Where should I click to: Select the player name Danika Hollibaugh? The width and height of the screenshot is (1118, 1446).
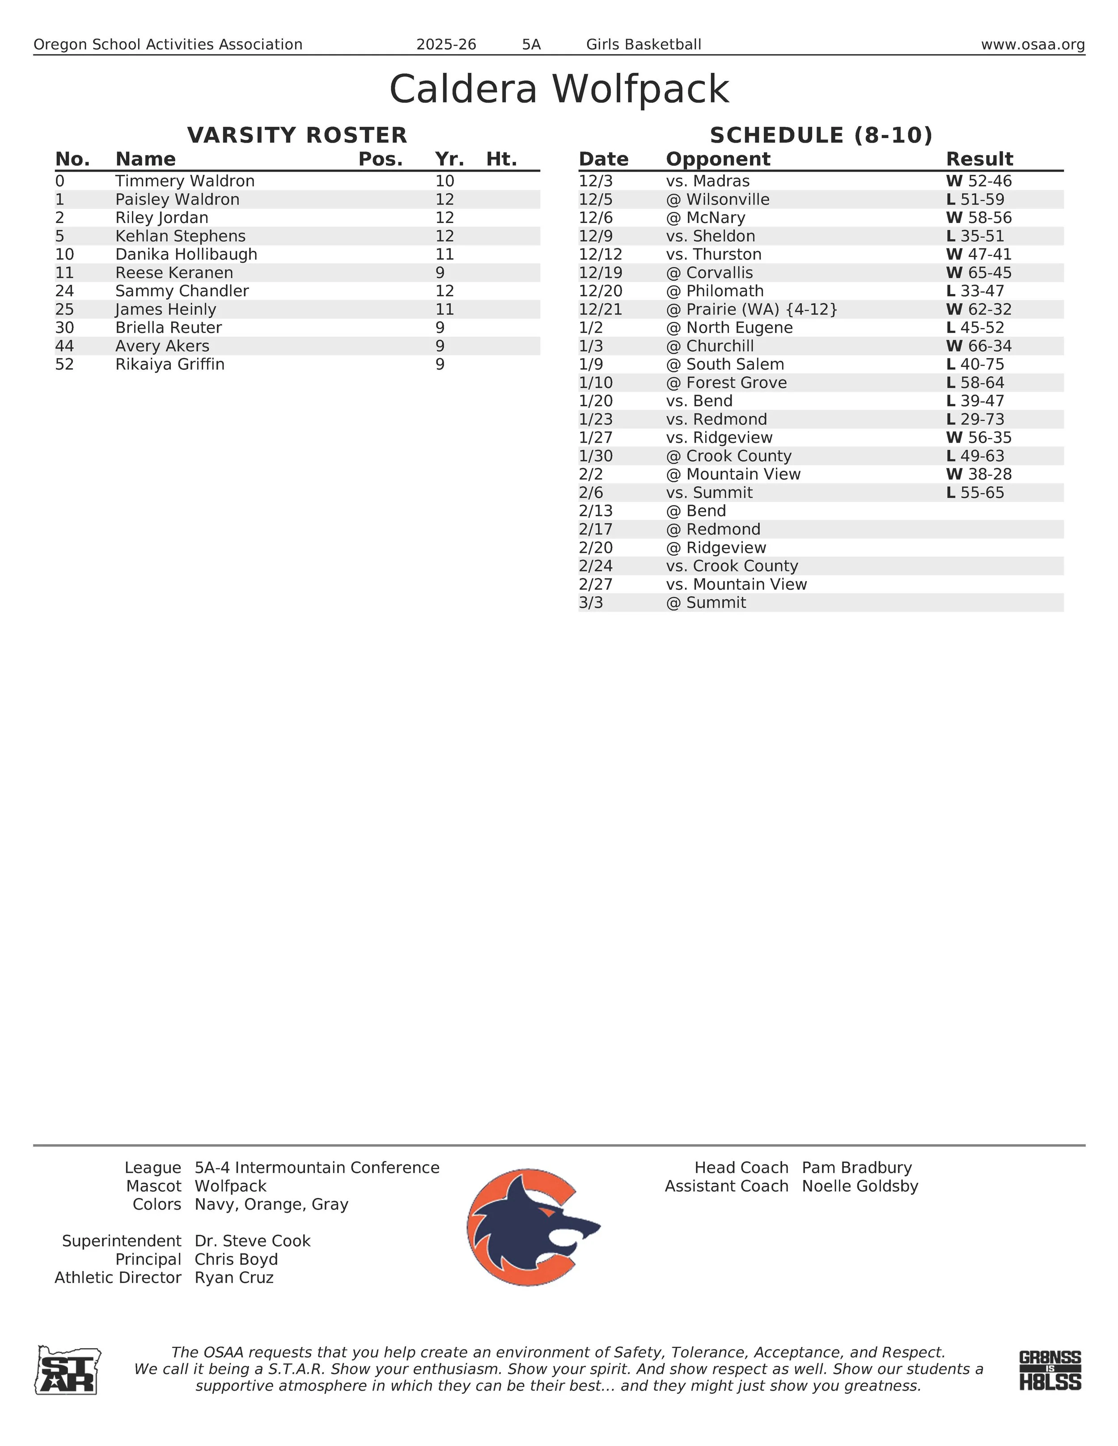point(186,254)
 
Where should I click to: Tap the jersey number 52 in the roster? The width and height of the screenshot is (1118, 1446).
point(64,364)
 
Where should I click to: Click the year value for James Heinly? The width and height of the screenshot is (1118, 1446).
point(445,309)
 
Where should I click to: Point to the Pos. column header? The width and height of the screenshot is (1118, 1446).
point(380,160)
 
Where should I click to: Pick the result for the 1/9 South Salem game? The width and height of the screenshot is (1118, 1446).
point(975,364)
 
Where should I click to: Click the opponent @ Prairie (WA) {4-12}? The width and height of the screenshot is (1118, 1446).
point(752,309)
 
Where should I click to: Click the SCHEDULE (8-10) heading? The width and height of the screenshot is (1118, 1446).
point(821,135)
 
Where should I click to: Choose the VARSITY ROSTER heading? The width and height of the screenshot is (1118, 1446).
point(297,135)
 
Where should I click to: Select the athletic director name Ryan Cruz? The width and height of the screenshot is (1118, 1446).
point(234,1278)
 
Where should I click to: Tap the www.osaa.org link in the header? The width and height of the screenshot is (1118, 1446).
point(1033,44)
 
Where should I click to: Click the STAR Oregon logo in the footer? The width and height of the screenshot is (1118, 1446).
point(68,1370)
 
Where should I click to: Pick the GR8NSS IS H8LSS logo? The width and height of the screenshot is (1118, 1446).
point(1050,1370)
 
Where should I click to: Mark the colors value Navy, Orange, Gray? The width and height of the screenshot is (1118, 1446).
point(271,1204)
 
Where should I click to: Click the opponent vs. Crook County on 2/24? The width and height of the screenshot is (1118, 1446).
point(732,566)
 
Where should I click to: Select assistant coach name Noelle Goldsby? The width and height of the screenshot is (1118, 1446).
point(860,1186)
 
